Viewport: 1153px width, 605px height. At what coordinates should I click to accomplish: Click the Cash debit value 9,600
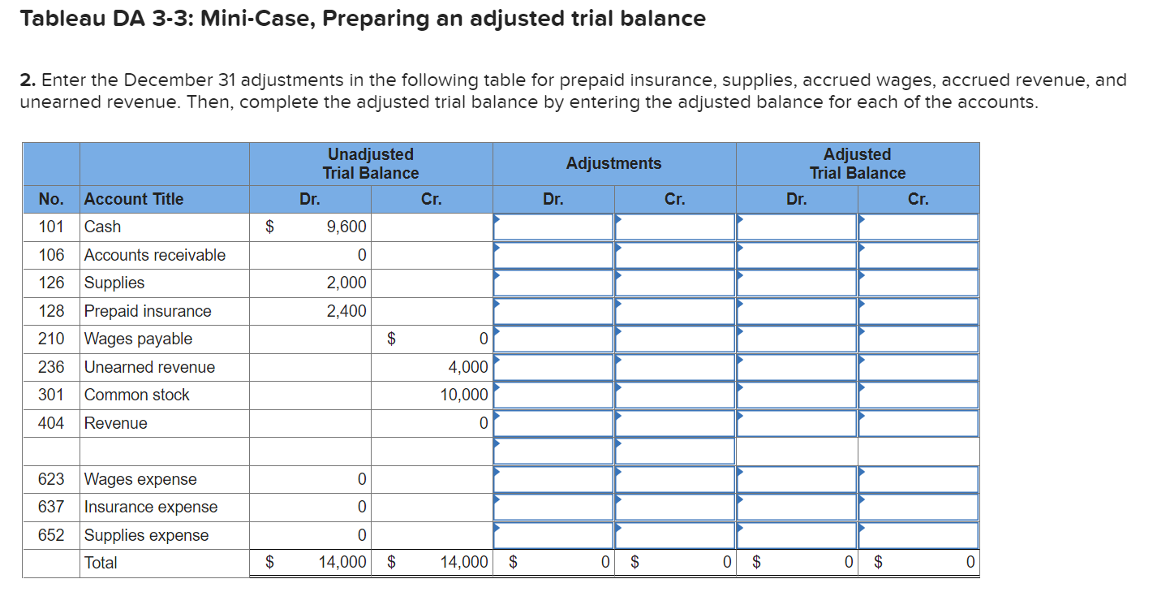click(346, 227)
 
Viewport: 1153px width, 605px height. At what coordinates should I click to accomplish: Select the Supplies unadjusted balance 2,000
click(346, 283)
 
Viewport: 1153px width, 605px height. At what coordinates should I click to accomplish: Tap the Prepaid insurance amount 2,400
click(346, 311)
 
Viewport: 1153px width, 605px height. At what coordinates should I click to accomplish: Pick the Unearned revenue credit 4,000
click(468, 367)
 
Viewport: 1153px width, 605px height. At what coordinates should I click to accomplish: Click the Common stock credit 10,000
click(464, 395)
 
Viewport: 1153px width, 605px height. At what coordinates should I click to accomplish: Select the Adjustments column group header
click(613, 164)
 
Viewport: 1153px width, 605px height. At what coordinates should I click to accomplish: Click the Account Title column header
click(134, 199)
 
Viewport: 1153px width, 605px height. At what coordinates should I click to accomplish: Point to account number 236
click(51, 367)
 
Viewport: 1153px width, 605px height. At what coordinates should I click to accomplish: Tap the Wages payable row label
click(138, 339)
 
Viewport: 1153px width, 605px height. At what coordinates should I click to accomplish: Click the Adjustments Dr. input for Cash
click(553, 227)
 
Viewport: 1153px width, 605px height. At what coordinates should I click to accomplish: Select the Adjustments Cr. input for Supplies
click(675, 283)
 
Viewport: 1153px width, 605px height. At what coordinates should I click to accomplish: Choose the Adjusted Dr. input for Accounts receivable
click(797, 255)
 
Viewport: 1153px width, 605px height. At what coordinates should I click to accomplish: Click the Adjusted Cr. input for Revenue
click(919, 423)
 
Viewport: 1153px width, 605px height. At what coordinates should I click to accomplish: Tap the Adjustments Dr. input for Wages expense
click(553, 479)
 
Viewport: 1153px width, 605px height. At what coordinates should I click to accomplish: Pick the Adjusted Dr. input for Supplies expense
click(797, 535)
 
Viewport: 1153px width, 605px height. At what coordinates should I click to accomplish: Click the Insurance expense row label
click(151, 508)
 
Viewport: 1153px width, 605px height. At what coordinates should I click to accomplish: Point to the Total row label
click(101, 563)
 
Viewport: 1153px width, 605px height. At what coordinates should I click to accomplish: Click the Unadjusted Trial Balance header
click(371, 164)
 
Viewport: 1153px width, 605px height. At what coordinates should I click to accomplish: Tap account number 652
click(51, 535)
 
